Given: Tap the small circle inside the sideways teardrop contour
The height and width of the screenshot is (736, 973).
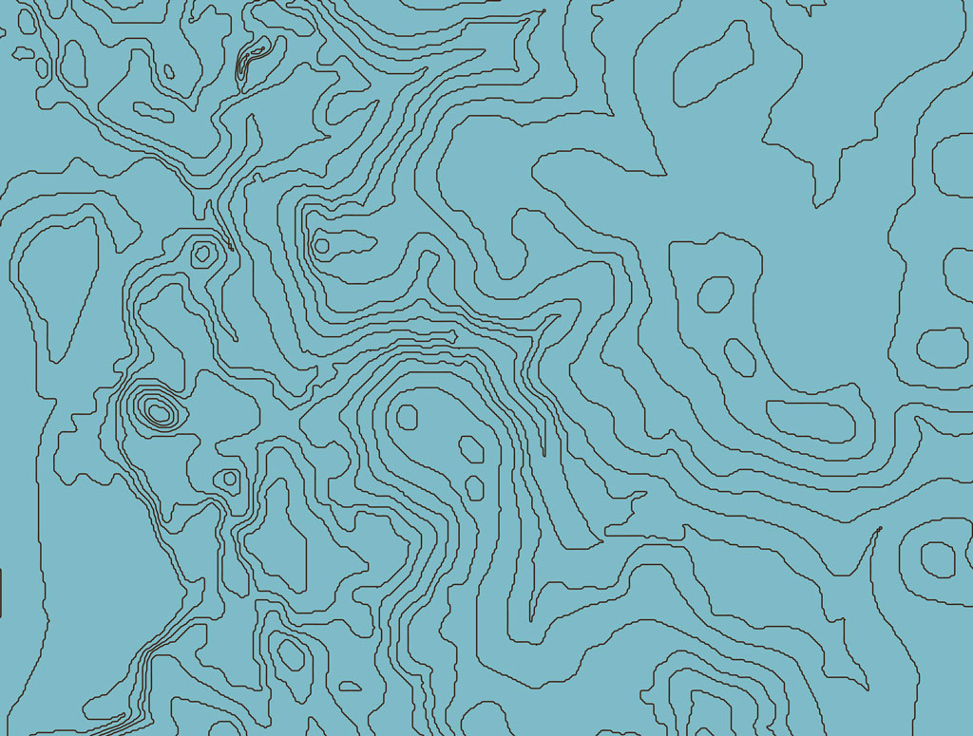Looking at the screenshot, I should (x=321, y=245).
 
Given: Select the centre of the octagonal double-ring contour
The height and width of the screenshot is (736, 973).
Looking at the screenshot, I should (x=202, y=254).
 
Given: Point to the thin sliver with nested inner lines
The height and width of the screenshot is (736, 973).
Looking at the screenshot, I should (x=251, y=61).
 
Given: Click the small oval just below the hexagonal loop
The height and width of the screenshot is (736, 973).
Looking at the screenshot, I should (x=739, y=355).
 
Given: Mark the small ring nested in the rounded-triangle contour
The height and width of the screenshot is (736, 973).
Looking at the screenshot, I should (x=228, y=479).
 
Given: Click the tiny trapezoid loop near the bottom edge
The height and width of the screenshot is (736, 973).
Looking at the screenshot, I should (x=351, y=685).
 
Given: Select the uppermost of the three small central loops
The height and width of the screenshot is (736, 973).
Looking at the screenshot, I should (x=408, y=416).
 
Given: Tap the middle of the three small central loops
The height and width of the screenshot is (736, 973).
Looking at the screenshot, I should (x=470, y=447).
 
